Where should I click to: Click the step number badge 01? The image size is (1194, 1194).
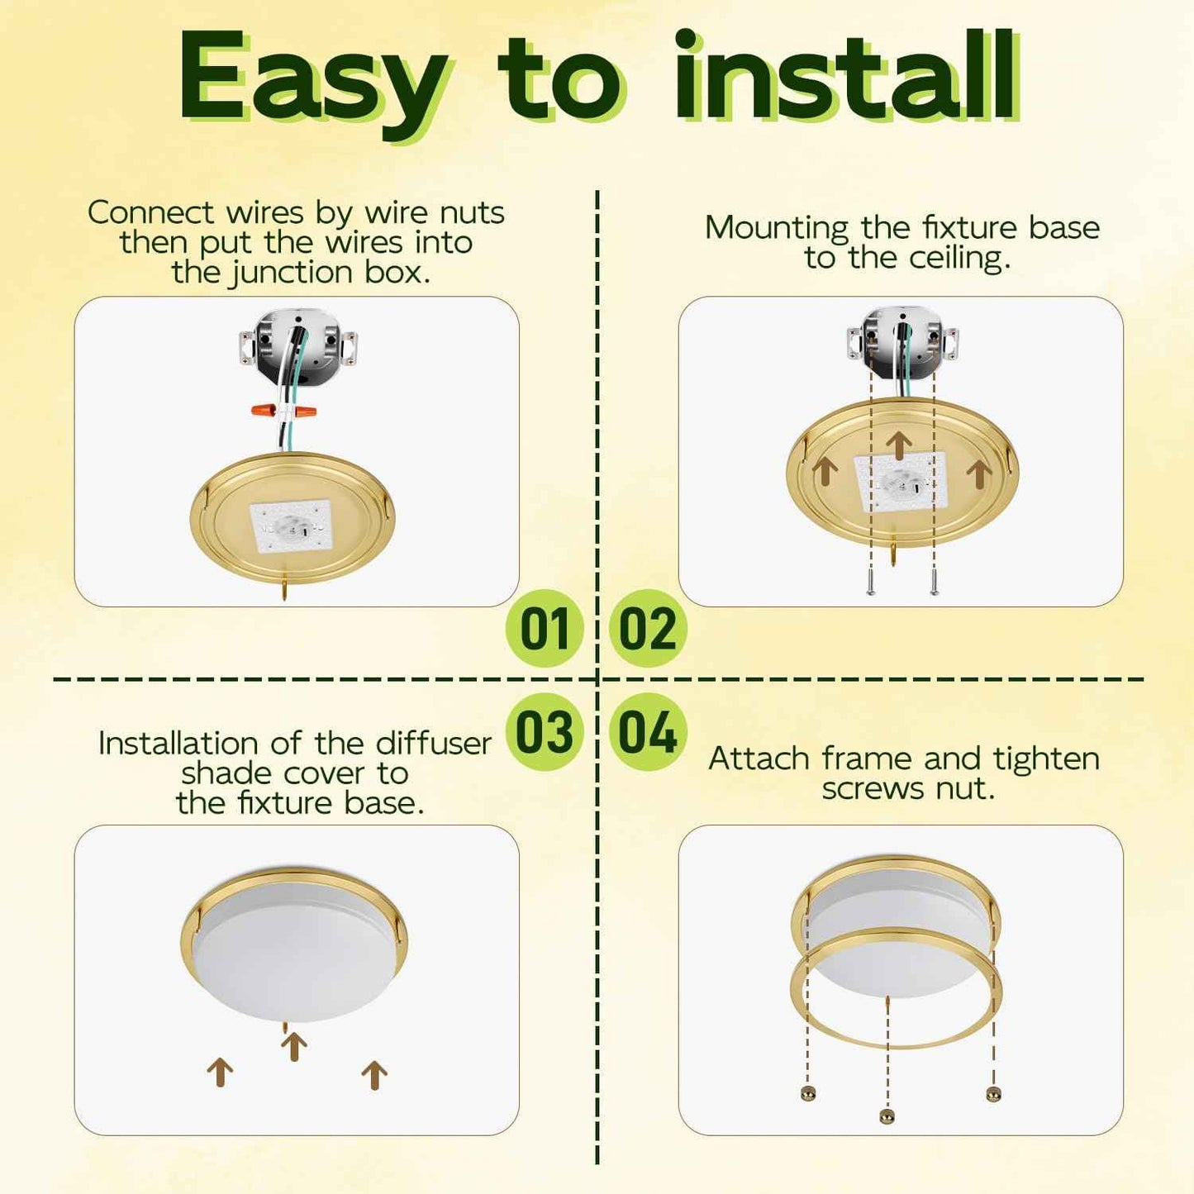(x=545, y=628)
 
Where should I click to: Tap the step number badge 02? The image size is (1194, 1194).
(x=648, y=628)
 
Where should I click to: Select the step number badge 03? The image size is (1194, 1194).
(x=545, y=732)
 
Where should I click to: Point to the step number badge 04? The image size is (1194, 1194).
(x=648, y=732)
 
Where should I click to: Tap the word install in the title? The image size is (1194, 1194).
(x=846, y=75)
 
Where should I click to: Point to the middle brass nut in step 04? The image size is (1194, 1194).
(x=887, y=1116)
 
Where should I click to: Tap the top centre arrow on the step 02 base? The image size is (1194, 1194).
(x=898, y=446)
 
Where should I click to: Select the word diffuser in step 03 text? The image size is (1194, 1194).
(x=434, y=743)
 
